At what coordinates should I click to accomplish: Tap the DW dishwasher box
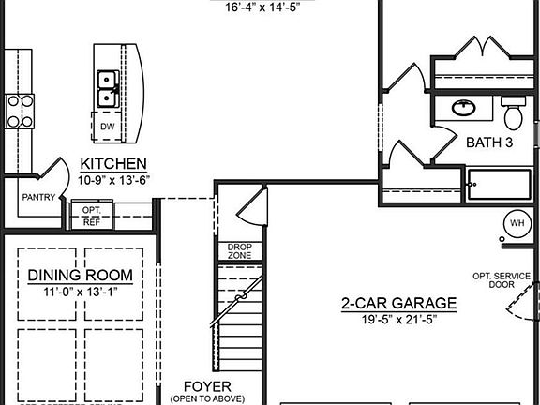pyautogui.click(x=108, y=125)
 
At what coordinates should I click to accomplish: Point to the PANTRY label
pyautogui.click(x=38, y=197)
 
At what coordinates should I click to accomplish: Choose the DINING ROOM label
pyautogui.click(x=80, y=276)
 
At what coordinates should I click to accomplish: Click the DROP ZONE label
pyautogui.click(x=239, y=251)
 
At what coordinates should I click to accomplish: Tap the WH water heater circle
pyautogui.click(x=517, y=224)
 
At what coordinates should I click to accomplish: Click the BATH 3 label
pyautogui.click(x=488, y=142)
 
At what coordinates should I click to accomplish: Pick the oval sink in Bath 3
pyautogui.click(x=462, y=108)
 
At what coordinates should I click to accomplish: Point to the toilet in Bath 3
pyautogui.click(x=512, y=115)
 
